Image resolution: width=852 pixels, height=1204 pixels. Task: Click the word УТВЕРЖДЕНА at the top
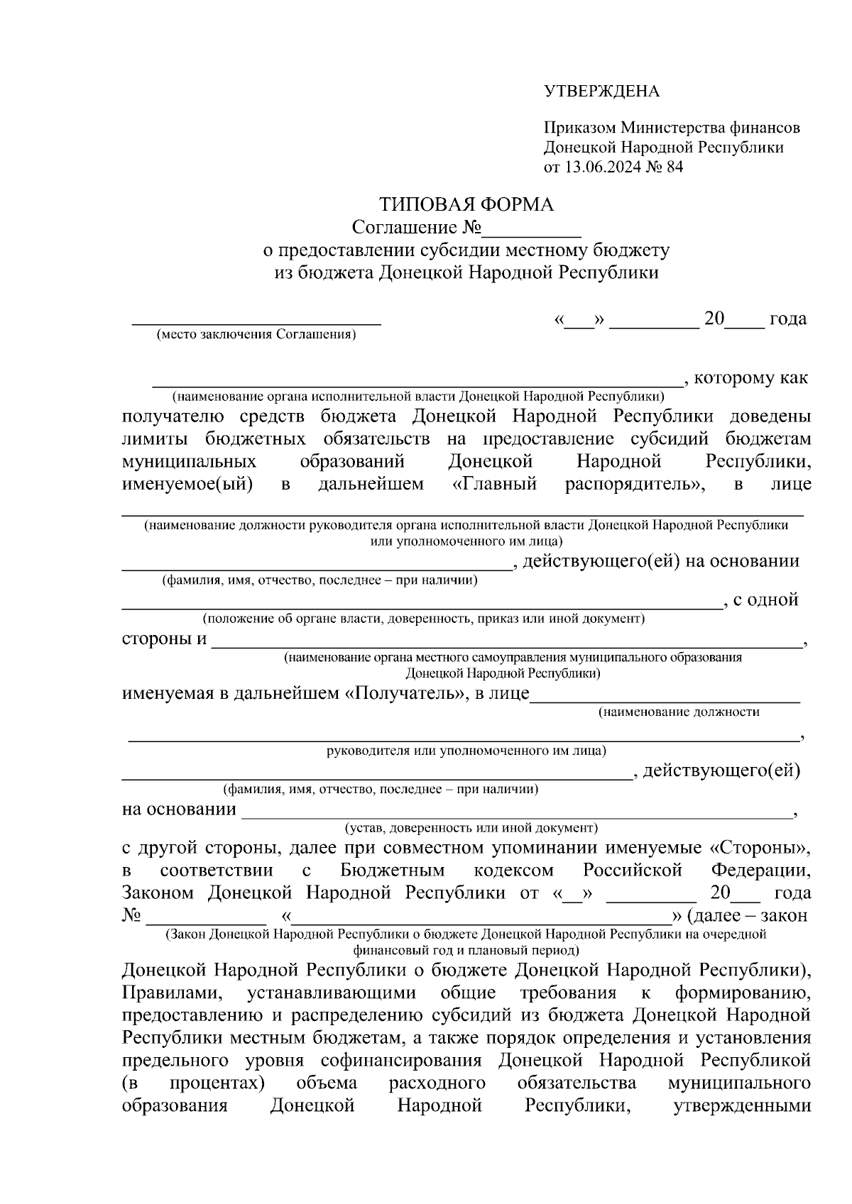click(x=601, y=92)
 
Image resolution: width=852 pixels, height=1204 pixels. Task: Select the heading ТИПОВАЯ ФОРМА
click(x=466, y=206)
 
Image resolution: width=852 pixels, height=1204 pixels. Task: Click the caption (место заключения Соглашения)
click(x=256, y=334)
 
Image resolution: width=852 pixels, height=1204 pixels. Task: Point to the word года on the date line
click(x=787, y=319)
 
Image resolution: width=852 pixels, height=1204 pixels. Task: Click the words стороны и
click(x=164, y=639)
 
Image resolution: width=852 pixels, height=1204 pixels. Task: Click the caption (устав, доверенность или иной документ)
click(x=471, y=827)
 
